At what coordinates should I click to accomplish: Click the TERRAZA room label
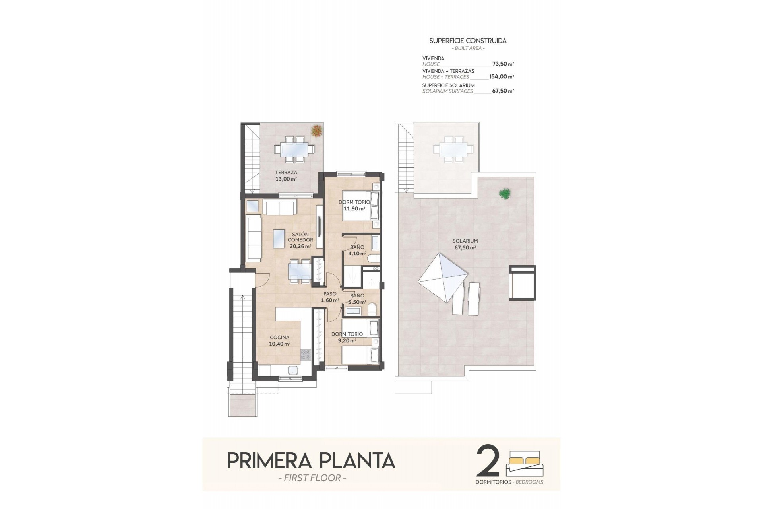tap(286, 173)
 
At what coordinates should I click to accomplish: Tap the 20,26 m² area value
tap(300, 246)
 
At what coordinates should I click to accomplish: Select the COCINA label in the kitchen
tap(279, 337)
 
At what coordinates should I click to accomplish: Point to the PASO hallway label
tap(330, 294)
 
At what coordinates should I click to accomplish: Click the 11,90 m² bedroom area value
tap(354, 208)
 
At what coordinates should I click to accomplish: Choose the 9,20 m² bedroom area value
tap(347, 340)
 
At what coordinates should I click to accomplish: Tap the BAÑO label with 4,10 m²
tap(357, 247)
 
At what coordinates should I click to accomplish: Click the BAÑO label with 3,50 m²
tap(357, 295)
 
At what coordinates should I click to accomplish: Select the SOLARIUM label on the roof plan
tap(465, 241)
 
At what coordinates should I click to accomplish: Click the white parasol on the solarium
tap(443, 277)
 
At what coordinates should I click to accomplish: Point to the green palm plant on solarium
tap(505, 194)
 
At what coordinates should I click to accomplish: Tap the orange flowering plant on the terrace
tap(317, 130)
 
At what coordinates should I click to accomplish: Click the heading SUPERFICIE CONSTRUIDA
tap(468, 41)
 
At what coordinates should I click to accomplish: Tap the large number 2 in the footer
tap(488, 462)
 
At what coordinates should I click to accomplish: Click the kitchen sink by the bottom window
tap(293, 370)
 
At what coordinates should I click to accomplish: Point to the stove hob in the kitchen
tap(306, 354)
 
